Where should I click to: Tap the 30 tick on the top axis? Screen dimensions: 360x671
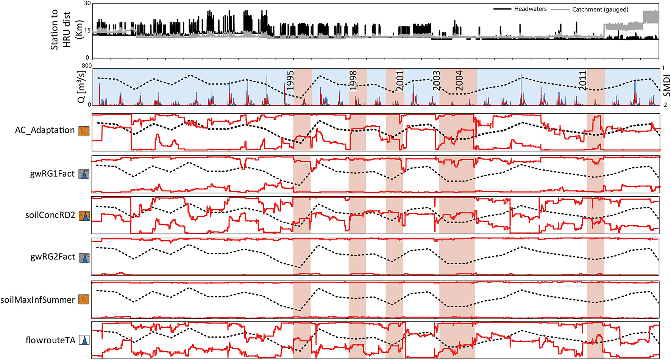click(87, 3)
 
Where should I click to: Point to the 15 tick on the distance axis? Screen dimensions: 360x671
click(87, 31)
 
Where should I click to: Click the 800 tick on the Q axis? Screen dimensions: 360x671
click(86, 66)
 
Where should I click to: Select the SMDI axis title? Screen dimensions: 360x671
click(667, 86)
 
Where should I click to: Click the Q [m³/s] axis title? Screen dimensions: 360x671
click(81, 86)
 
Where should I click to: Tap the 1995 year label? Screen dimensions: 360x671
click(290, 80)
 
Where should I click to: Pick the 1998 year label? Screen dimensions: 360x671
click(353, 80)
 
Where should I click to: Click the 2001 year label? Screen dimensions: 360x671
click(400, 80)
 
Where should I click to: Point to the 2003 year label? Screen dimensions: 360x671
click(436, 80)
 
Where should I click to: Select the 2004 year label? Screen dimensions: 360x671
click(459, 80)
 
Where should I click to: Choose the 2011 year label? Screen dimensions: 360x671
click(583, 80)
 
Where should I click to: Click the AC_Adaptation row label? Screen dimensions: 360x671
click(45, 130)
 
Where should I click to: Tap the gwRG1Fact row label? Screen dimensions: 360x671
click(52, 174)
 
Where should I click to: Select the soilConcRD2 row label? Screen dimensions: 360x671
click(50, 215)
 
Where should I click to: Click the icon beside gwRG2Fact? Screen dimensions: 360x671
click(84, 258)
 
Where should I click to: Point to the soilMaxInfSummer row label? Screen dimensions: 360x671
click(37, 300)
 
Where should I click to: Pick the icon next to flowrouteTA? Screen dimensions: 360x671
click(84, 340)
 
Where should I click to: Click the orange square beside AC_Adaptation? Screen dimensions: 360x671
click(84, 131)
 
